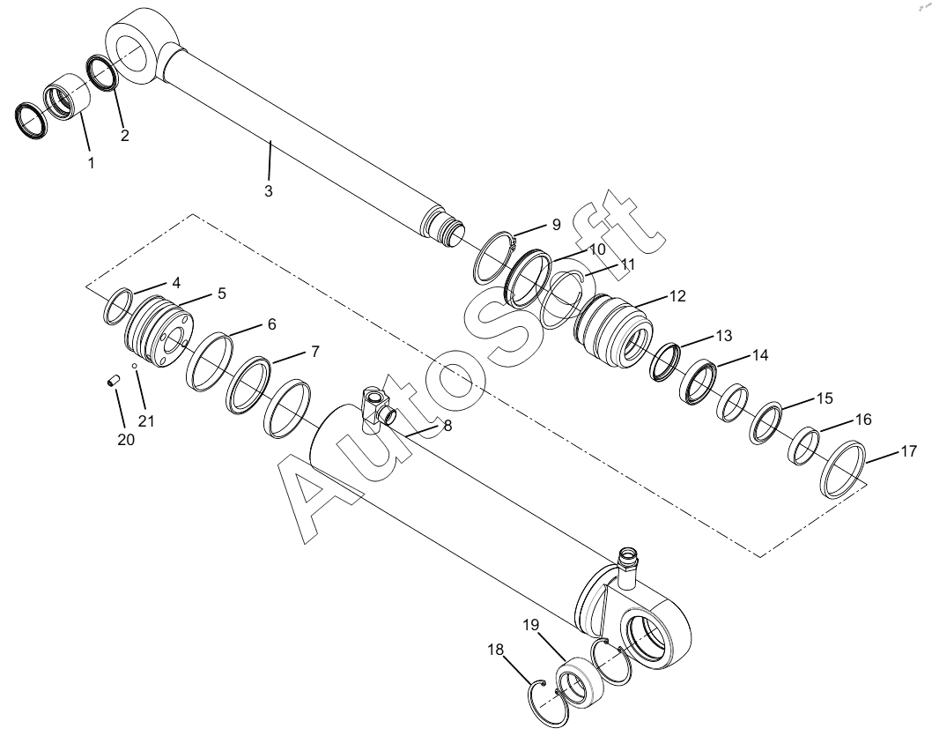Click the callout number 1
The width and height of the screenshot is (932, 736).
92,163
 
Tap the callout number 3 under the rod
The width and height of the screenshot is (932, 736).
268,191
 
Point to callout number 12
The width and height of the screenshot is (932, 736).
677,296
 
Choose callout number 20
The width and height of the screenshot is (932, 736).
127,439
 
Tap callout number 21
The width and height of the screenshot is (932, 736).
146,420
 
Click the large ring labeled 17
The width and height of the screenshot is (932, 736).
844,468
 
